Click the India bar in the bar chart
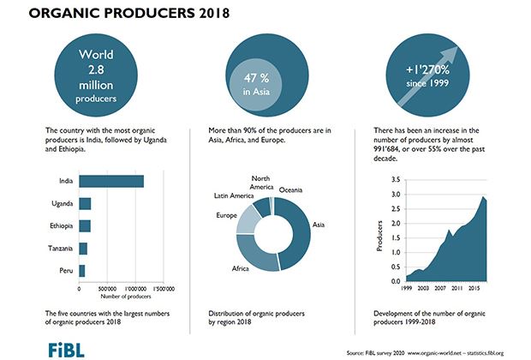point(110,181)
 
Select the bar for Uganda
point(85,204)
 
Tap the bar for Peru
point(81,271)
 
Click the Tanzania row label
point(57,249)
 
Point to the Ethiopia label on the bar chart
point(58,226)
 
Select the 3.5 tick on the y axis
point(395,180)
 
